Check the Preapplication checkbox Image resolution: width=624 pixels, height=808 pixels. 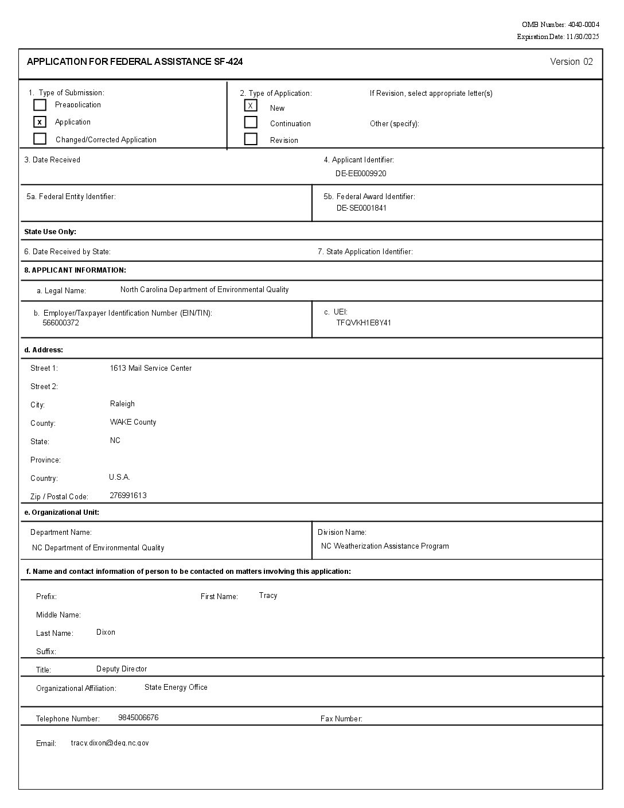(40, 105)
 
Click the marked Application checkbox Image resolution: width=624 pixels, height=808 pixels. (40, 122)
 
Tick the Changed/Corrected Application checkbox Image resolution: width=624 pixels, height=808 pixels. (40, 139)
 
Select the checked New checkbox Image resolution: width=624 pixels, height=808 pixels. (251, 106)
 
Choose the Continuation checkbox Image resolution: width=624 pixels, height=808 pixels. (251, 122)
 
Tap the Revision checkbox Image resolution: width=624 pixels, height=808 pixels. (251, 139)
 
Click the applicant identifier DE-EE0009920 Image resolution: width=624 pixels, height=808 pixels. (361, 173)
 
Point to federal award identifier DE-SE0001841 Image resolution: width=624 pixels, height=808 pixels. (361, 208)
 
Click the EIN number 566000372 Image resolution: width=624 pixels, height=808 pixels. (61, 323)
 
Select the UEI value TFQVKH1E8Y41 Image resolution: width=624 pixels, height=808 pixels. (364, 323)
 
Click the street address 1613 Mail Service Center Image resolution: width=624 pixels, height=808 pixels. (151, 368)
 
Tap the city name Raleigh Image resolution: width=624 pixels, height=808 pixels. (122, 404)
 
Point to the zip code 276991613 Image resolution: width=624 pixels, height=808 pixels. (128, 496)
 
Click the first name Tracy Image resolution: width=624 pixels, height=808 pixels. (268, 596)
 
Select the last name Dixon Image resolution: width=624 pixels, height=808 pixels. (106, 632)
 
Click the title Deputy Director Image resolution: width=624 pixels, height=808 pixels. (122, 669)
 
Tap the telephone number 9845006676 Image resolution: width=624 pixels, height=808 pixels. (138, 718)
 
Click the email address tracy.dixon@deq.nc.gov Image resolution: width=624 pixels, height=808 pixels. (110, 743)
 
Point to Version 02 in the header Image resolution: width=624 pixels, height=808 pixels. (571, 62)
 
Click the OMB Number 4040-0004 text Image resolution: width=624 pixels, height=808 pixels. (560, 25)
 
